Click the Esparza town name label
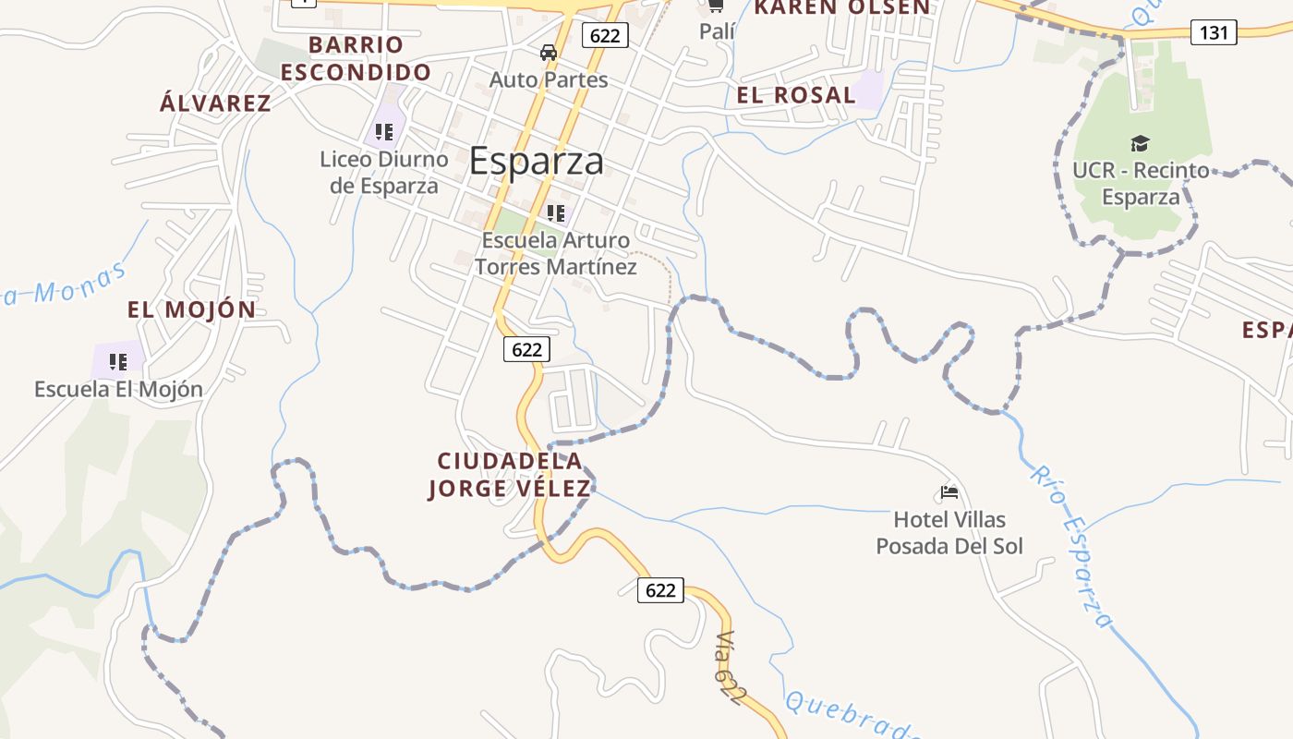coord(537,162)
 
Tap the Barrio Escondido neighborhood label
coord(356,58)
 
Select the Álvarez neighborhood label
coord(216,103)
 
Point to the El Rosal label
coord(796,94)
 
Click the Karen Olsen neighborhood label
coord(841,7)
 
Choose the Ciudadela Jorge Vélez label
coord(510,475)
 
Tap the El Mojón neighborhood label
coord(192,309)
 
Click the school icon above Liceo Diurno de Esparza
coord(384,132)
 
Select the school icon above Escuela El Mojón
coord(118,361)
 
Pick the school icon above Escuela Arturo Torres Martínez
coord(555,213)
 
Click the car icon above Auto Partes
coord(549,53)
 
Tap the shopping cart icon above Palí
coord(716,6)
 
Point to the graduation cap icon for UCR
coord(1140,143)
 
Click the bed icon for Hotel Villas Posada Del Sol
coord(949,492)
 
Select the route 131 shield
coord(1214,32)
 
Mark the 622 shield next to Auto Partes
coord(605,36)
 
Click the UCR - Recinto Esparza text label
coord(1141,184)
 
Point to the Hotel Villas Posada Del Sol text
coord(949,533)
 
